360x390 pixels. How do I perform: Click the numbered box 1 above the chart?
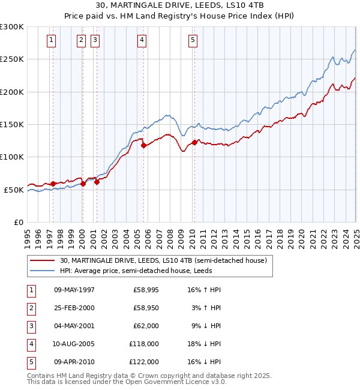[x=52, y=40]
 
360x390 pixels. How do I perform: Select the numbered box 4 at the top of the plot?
[x=142, y=40]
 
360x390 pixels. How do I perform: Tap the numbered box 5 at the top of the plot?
[x=193, y=40]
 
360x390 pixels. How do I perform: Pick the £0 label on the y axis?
[x=18, y=223]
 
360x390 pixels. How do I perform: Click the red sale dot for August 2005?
[x=143, y=145]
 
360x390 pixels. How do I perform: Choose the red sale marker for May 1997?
[x=53, y=184]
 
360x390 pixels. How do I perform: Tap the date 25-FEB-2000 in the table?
[x=74, y=308]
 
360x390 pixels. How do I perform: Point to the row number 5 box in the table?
[x=31, y=362]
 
